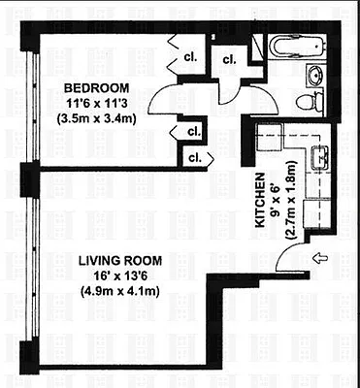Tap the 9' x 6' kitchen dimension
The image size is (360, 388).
tap(276, 200)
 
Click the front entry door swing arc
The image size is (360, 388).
tap(288, 254)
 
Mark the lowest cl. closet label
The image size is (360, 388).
tap(195, 156)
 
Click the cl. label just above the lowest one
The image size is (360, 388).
tap(193, 130)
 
